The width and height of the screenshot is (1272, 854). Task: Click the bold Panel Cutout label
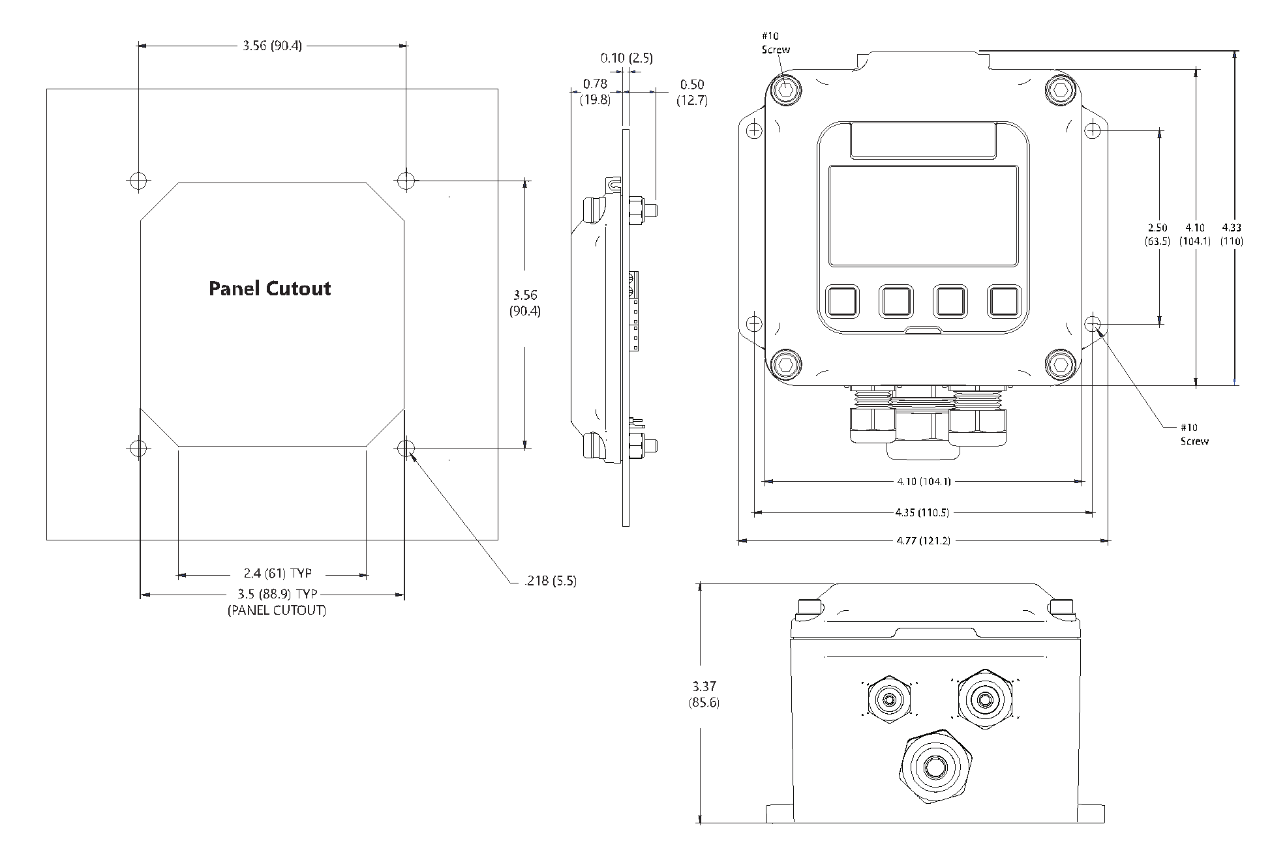(269, 289)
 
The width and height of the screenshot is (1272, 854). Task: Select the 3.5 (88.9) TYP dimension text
(277, 594)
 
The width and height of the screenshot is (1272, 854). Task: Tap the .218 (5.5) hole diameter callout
(550, 581)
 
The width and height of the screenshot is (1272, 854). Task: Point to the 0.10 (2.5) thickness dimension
(626, 58)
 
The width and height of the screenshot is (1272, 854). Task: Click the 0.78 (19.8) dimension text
(595, 92)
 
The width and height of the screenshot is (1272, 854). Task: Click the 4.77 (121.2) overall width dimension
(923, 540)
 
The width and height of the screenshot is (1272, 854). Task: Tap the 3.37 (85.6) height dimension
(704, 694)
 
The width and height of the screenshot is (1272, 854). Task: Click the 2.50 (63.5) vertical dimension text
(1157, 234)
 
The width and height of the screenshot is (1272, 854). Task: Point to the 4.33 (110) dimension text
(1232, 234)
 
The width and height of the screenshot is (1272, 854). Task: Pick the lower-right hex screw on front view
(1060, 364)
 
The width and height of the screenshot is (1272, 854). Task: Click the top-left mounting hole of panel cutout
(138, 181)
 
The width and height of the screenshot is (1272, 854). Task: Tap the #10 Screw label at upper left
(775, 43)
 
